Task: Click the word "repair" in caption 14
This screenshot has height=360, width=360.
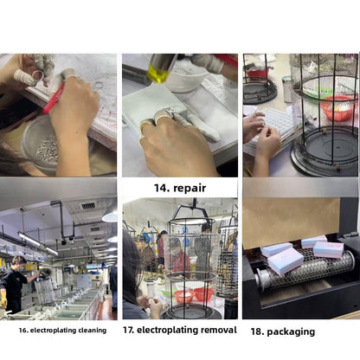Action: click(x=190, y=189)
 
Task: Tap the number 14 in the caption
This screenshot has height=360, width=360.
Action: click(x=161, y=188)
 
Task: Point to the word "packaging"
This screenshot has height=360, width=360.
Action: click(x=291, y=331)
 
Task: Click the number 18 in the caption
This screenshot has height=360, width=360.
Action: click(x=256, y=331)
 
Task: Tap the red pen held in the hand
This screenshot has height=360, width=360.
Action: click(x=54, y=98)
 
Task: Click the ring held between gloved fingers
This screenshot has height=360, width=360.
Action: click(x=38, y=75)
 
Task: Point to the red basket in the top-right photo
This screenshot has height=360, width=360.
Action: click(x=337, y=107)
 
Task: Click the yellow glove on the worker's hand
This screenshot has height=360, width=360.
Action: click(x=3, y=299)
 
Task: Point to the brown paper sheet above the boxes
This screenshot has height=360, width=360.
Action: click(x=292, y=222)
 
